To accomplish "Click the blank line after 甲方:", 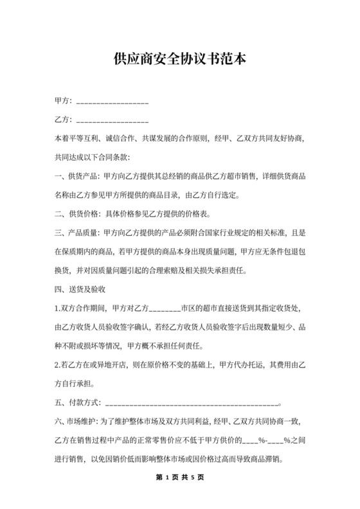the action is click(x=113, y=103).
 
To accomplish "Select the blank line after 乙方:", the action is click(x=113, y=121).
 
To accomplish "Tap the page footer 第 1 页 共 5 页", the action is click(x=179, y=478).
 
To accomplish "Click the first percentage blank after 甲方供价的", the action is click(x=249, y=442).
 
